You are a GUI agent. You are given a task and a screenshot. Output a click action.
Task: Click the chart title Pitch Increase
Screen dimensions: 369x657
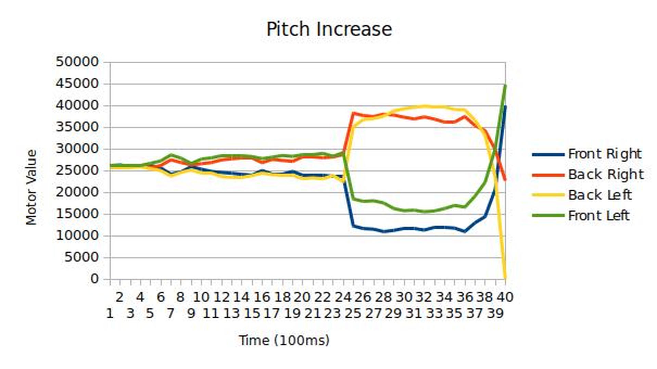click(x=329, y=29)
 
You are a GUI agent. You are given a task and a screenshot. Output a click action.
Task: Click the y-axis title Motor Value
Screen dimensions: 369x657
click(x=31, y=187)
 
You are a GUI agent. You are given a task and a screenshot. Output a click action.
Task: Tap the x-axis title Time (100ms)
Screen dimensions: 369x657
click(x=284, y=340)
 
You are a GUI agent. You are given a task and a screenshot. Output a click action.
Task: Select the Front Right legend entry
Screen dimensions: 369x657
click(x=604, y=154)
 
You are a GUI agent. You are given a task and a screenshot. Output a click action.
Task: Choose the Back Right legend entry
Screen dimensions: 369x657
click(x=606, y=174)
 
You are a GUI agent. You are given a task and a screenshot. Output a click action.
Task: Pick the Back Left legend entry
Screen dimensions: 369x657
click(x=600, y=195)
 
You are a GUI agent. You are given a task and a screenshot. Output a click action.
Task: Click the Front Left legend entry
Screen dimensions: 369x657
click(x=598, y=215)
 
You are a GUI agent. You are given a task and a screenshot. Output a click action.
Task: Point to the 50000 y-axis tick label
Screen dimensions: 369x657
click(x=77, y=62)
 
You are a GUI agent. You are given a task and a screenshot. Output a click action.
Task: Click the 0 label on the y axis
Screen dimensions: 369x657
click(x=94, y=279)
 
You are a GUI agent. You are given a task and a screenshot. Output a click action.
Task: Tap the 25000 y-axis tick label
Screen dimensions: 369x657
click(x=77, y=170)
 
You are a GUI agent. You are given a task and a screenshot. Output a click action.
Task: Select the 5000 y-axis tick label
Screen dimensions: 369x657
click(x=81, y=257)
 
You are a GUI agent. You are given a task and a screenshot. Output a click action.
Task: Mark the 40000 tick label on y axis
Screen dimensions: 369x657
click(x=77, y=105)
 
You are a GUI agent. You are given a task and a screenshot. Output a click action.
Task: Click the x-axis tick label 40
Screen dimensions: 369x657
click(x=505, y=297)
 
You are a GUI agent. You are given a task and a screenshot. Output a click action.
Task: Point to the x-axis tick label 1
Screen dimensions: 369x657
click(x=109, y=313)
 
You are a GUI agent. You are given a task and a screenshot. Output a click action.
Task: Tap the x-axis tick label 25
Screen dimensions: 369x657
click(x=353, y=313)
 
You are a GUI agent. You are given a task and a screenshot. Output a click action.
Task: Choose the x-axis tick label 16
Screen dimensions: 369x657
click(x=262, y=297)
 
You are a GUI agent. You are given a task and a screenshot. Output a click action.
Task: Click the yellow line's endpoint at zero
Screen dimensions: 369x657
click(x=505, y=278)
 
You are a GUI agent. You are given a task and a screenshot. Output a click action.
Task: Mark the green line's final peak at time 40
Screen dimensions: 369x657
click(x=505, y=85)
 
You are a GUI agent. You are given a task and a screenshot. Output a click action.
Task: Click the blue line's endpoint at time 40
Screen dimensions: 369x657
click(x=505, y=107)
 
